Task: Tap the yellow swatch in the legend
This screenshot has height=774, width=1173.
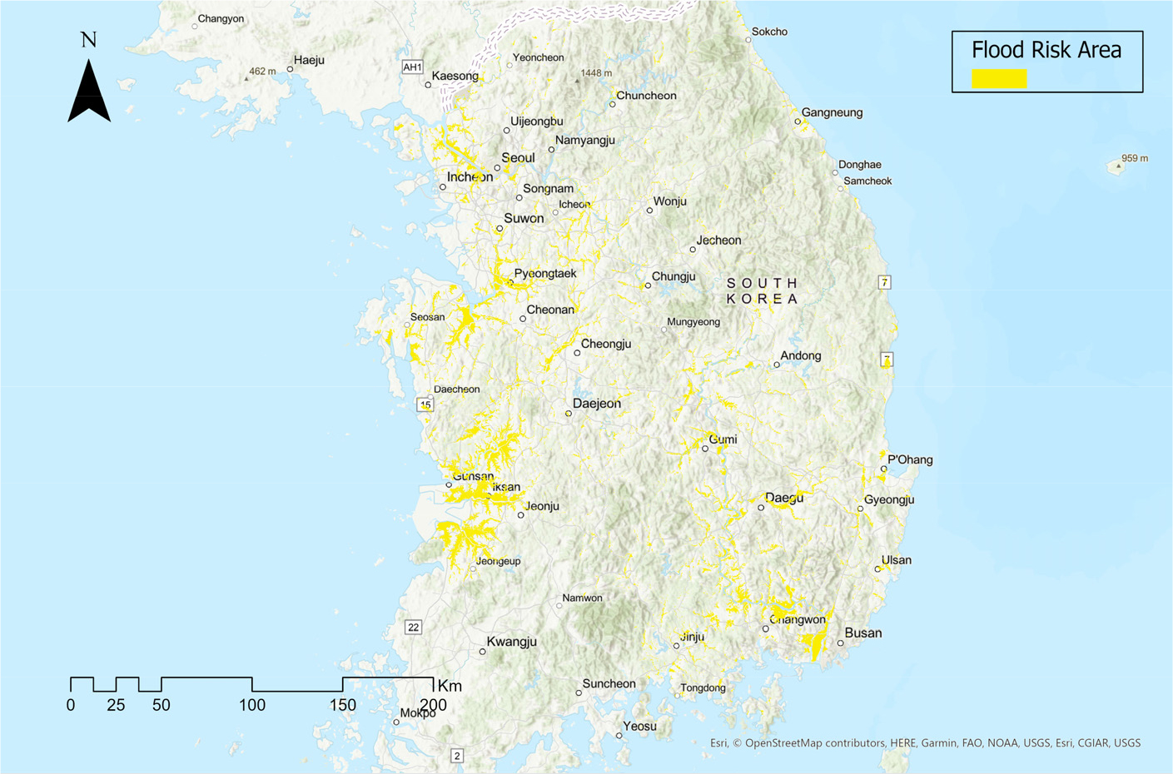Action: [x=999, y=78]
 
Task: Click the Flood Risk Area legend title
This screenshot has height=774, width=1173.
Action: [x=1046, y=50]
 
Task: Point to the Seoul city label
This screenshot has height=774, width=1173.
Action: [x=518, y=158]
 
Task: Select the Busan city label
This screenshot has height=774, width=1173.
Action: [x=862, y=633]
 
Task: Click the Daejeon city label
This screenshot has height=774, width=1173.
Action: [x=596, y=404]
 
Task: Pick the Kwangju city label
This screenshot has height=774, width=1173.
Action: [x=511, y=642]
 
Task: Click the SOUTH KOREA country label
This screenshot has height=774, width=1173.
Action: [x=762, y=290]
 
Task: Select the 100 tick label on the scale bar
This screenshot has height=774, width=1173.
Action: [x=252, y=706]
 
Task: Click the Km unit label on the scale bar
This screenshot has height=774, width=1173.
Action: [x=450, y=687]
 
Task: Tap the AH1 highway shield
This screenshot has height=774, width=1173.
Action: [x=412, y=67]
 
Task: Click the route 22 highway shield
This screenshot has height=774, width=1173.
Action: [x=413, y=628]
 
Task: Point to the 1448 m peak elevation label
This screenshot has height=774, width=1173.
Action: [x=596, y=73]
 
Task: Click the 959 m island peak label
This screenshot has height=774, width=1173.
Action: [x=1134, y=158]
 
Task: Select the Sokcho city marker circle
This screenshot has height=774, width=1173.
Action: [x=748, y=40]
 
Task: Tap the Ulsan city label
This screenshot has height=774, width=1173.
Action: [x=896, y=560]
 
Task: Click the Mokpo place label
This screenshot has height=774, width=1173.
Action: [x=417, y=713]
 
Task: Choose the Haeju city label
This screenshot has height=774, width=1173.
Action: [x=309, y=60]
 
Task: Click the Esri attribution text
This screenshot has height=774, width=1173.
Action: [x=925, y=743]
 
